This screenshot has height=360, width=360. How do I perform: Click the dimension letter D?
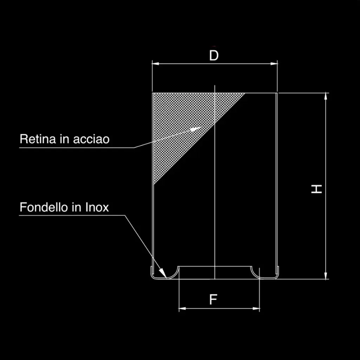(x=214, y=55)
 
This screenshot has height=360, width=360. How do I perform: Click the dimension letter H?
(x=317, y=189)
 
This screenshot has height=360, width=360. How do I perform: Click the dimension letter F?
(x=213, y=300)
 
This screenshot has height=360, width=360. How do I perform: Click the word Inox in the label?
(x=97, y=207)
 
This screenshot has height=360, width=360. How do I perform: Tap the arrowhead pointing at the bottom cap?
(x=162, y=273)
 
